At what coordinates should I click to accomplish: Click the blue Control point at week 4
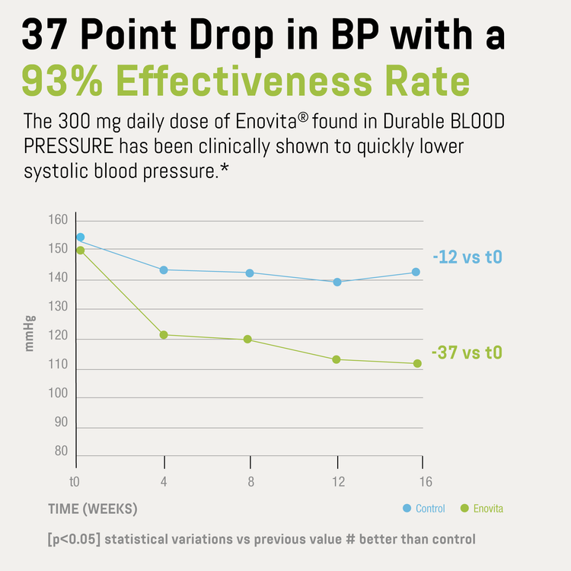pyautogui.click(x=164, y=270)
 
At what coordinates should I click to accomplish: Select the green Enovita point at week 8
pyautogui.click(x=247, y=340)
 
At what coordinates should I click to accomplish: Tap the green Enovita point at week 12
pyautogui.click(x=337, y=359)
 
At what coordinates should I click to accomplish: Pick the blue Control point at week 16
pyautogui.click(x=416, y=272)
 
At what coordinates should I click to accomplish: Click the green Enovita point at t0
pyautogui.click(x=81, y=250)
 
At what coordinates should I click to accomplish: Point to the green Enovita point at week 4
pyautogui.click(x=164, y=335)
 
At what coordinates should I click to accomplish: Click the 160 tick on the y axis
pyautogui.click(x=59, y=221)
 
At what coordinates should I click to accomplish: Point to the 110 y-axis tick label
pyautogui.click(x=59, y=367)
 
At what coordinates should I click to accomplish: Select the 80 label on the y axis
pyautogui.click(x=62, y=451)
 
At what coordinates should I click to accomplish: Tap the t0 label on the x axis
pyautogui.click(x=75, y=482)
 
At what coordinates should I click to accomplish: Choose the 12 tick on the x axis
pyautogui.click(x=338, y=482)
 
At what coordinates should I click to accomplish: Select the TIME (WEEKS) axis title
pyautogui.click(x=93, y=509)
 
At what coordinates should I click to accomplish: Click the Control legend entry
pyautogui.click(x=424, y=509)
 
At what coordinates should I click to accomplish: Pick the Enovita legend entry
pyautogui.click(x=482, y=509)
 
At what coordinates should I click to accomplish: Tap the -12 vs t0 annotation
pyautogui.click(x=467, y=257)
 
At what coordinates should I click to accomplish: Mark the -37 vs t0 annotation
pyautogui.click(x=467, y=353)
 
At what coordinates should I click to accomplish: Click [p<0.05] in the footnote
pyautogui.click(x=73, y=540)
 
